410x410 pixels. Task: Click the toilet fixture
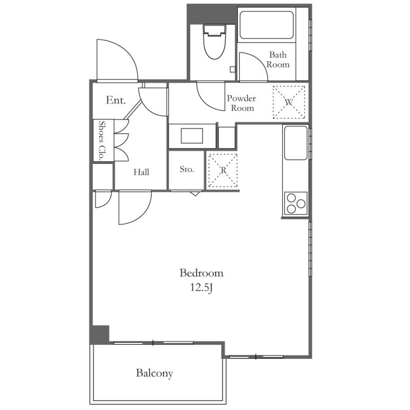click(x=214, y=42)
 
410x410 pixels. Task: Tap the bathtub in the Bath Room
click(x=266, y=25)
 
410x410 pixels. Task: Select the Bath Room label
click(x=278, y=59)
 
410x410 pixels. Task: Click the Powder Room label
click(x=241, y=103)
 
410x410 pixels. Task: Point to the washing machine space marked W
click(x=289, y=102)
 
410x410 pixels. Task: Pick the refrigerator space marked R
click(x=223, y=170)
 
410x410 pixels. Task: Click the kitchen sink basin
click(x=296, y=143)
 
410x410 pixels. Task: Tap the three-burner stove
click(x=296, y=203)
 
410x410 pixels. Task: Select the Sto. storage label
click(x=187, y=170)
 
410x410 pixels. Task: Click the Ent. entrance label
click(x=116, y=100)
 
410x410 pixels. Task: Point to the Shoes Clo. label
click(x=101, y=140)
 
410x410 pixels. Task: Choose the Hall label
click(x=141, y=172)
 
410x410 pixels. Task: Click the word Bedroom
click(x=201, y=273)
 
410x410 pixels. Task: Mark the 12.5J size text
click(x=201, y=288)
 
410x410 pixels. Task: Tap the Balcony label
click(x=154, y=373)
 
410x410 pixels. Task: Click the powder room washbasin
click(x=192, y=136)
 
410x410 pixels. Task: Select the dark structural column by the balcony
click(x=99, y=334)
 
